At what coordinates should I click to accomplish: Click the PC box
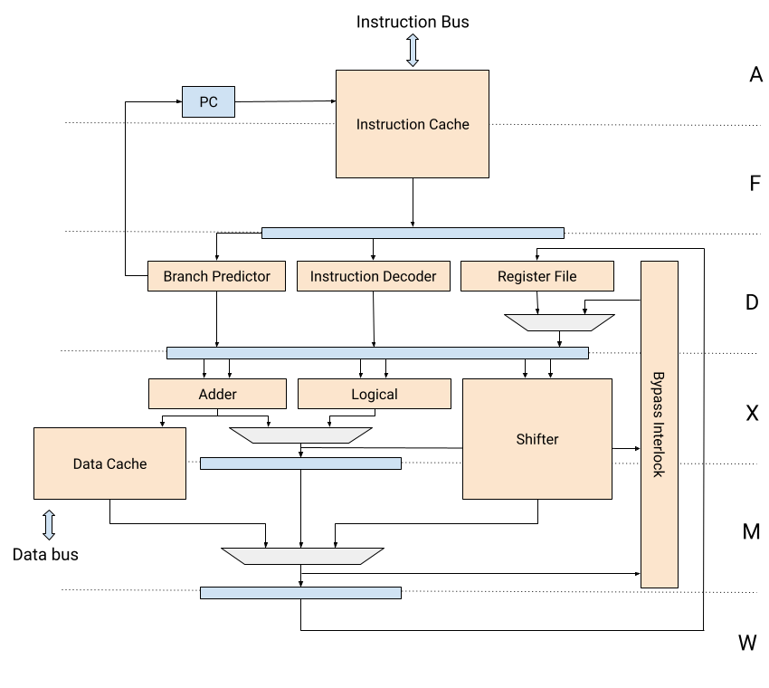(208, 101)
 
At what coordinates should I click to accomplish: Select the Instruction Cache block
(413, 124)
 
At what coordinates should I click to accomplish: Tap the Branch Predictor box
(216, 276)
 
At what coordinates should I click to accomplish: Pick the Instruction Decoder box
(374, 276)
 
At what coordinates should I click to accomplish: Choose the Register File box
(537, 276)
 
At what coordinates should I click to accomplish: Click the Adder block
(217, 394)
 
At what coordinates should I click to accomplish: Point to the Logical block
(375, 394)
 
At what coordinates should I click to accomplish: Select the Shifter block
(537, 439)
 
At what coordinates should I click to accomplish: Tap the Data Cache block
(109, 463)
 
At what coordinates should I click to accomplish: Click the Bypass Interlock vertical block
(660, 425)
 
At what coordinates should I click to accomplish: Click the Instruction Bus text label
(413, 22)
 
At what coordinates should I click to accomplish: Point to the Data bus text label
(45, 555)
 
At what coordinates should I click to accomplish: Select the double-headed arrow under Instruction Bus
(413, 50)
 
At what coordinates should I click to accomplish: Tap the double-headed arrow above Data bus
(49, 525)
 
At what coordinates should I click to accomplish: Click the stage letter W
(747, 643)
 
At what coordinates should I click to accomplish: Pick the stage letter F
(755, 184)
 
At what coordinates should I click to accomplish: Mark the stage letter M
(751, 531)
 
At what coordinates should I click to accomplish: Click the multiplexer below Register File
(560, 322)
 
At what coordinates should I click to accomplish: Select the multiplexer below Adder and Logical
(300, 435)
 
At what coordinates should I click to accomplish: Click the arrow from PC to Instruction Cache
(285, 101)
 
